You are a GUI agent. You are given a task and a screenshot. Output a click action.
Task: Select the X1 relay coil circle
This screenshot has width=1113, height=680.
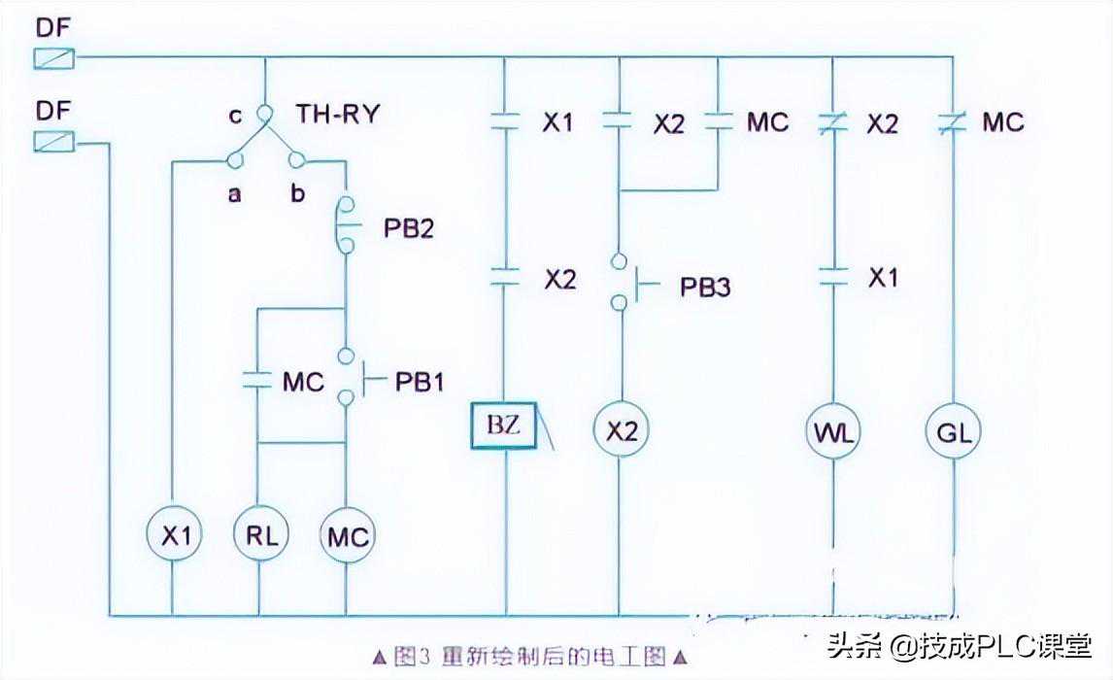(x=172, y=534)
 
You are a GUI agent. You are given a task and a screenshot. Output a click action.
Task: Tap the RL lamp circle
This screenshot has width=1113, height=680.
(x=259, y=534)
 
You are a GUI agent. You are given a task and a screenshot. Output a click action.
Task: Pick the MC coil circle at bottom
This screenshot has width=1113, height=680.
(x=347, y=534)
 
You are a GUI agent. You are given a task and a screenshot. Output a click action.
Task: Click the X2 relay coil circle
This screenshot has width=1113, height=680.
(x=620, y=430)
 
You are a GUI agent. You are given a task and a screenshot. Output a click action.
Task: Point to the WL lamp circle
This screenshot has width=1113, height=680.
(x=833, y=430)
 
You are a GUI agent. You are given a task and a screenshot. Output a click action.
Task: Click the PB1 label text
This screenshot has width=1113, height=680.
(x=419, y=382)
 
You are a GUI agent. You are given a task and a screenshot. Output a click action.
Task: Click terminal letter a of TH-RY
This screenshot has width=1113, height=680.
(x=234, y=193)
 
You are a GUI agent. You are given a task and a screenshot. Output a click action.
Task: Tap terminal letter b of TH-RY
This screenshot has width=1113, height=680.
(x=297, y=193)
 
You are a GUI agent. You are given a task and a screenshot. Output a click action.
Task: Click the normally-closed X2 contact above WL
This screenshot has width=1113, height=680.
(x=833, y=123)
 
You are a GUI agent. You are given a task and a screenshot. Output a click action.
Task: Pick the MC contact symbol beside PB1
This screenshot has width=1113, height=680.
(x=258, y=381)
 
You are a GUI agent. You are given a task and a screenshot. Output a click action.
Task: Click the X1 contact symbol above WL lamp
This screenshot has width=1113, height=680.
(x=833, y=277)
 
